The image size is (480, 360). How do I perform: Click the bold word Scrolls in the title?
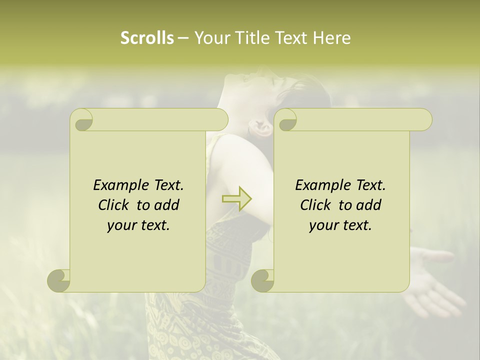pyautogui.click(x=147, y=37)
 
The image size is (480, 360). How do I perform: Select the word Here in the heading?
pyautogui.click(x=332, y=37)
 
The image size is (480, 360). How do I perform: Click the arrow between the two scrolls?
pyautogui.click(x=236, y=199)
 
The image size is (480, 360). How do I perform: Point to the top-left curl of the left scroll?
pyautogui.click(x=82, y=120)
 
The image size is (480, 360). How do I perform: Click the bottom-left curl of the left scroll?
pyautogui.click(x=58, y=280)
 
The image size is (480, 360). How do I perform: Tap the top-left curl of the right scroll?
pyautogui.click(x=286, y=120)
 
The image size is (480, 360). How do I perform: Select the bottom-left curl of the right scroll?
pyautogui.click(x=262, y=280)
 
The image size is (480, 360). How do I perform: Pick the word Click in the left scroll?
pyautogui.click(x=115, y=205)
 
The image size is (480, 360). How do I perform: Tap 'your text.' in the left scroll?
pyautogui.click(x=138, y=225)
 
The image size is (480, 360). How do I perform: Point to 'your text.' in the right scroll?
pyautogui.click(x=340, y=225)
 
